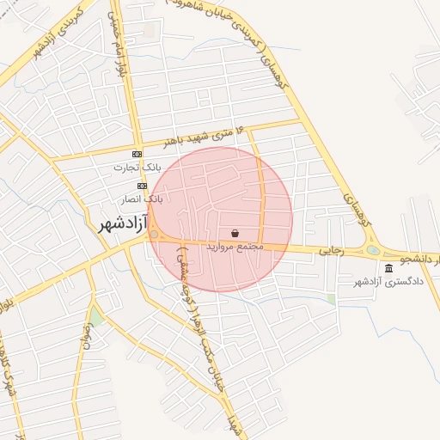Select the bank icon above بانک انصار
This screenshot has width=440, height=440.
(142, 186)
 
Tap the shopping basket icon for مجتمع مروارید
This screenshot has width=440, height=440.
(235, 233)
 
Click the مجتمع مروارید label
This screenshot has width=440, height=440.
(233, 247)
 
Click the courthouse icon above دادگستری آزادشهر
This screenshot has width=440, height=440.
(389, 267)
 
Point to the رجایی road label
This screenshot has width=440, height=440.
(332, 252)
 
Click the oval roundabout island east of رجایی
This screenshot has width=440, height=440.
(373, 251)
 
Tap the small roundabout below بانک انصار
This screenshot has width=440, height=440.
(154, 234)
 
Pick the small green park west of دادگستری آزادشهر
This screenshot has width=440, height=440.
(331, 299)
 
